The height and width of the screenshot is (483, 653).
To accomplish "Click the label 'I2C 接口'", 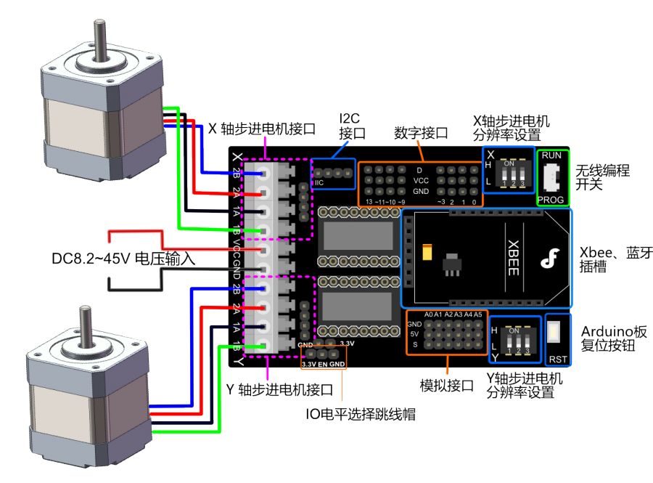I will [x=352, y=126].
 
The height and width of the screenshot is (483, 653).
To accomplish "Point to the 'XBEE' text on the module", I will [x=512, y=258].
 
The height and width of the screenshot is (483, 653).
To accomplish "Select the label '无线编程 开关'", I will [x=601, y=177].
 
